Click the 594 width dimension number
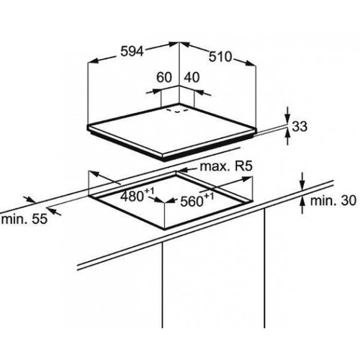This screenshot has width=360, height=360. click(132, 51)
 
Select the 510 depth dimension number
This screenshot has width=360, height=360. click(220, 57)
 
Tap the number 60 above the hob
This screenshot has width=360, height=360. click(164, 78)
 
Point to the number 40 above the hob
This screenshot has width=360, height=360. click(192, 78)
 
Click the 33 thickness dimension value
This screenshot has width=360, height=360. click(300, 127)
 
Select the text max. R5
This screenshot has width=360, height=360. click(226, 166)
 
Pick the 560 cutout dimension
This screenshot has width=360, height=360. click(197, 200)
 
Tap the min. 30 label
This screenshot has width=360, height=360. click(333, 200)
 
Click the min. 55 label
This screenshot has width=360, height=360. click(24, 220)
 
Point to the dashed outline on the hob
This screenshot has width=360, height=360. click(178, 111)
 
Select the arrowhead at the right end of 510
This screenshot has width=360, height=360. click(250, 63)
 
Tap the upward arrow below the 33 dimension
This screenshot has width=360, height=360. click(288, 136)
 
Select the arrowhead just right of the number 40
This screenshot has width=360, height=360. click(199, 91)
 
